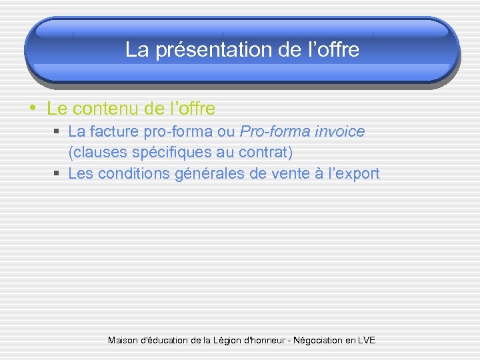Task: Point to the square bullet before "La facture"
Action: [x=57, y=132]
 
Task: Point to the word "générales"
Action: [x=206, y=174]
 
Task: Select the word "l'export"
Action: [x=351, y=174]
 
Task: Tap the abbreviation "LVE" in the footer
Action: [x=366, y=340]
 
